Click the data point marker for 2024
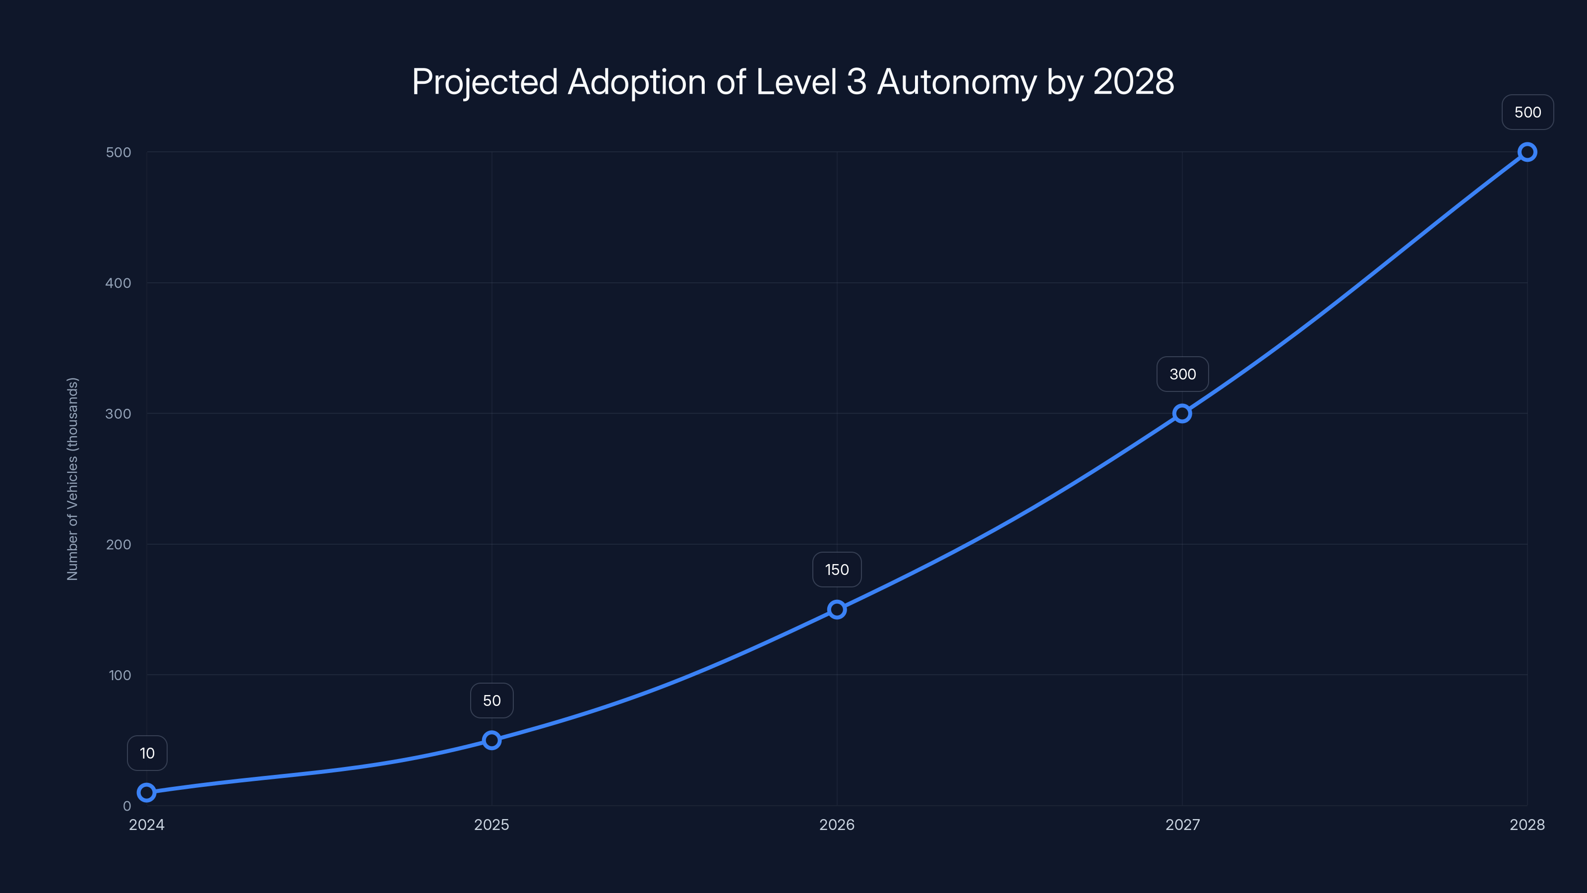click(147, 793)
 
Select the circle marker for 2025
click(491, 740)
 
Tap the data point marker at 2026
click(837, 610)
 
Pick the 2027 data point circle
click(1182, 414)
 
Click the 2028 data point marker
click(1527, 152)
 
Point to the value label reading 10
click(147, 753)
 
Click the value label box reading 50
click(491, 701)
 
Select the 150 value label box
click(837, 570)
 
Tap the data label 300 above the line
click(1182, 374)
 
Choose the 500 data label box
click(1527, 112)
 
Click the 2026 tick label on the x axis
click(837, 825)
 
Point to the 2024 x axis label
click(147, 825)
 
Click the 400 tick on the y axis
click(119, 283)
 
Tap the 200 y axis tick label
click(119, 544)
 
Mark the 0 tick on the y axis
click(127, 806)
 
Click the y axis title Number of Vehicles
click(73, 479)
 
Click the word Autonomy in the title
click(957, 82)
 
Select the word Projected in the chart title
click(485, 82)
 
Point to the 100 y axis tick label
click(120, 675)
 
